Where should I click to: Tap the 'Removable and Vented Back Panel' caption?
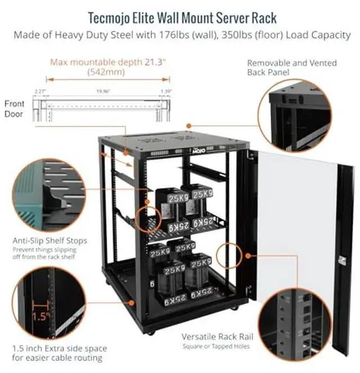291,68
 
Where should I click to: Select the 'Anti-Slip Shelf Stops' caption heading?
49,241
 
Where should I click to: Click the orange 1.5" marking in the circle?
38,316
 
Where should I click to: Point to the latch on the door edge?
341,259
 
